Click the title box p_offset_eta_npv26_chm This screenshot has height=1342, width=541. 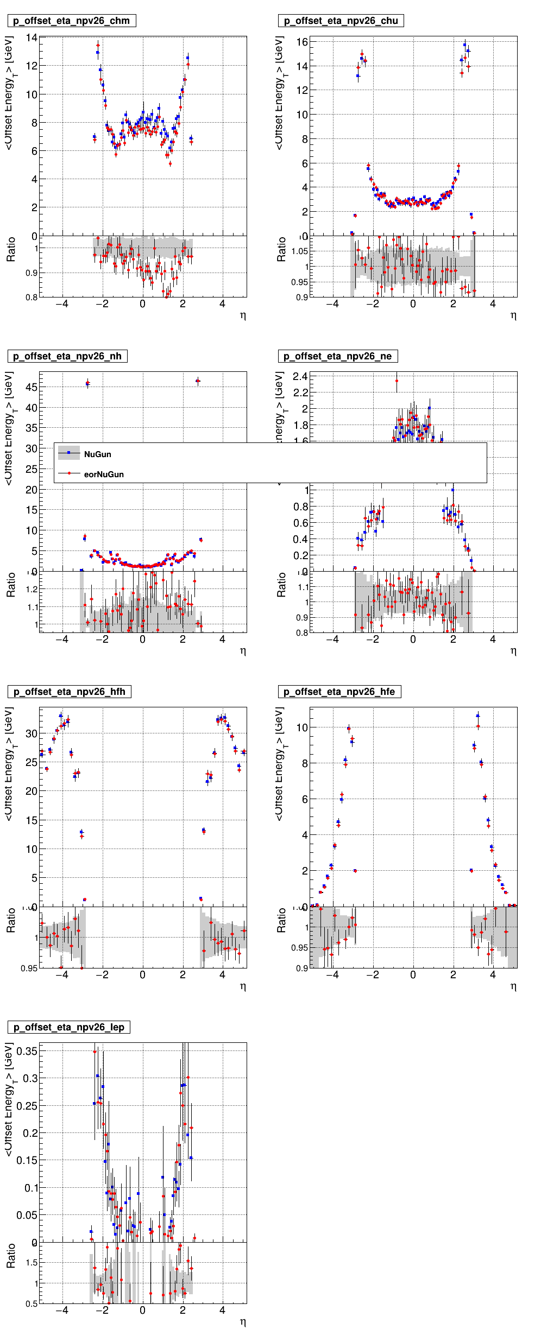click(x=71, y=21)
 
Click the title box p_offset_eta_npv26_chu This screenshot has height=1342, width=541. click(x=341, y=21)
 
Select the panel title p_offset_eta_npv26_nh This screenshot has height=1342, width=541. click(x=67, y=357)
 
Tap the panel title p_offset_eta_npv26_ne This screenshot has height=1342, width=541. click(x=337, y=357)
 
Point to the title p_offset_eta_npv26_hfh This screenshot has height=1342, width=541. click(x=69, y=692)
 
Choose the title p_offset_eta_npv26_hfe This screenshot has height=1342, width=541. click(x=339, y=692)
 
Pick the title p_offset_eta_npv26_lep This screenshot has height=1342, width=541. click(x=68, y=1028)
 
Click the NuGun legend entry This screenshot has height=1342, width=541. click(x=97, y=454)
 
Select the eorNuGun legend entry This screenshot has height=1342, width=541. click(x=103, y=474)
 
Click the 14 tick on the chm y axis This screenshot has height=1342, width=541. click(x=32, y=38)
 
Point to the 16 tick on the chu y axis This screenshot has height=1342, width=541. click(x=302, y=42)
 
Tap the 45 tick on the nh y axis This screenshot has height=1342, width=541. click(x=32, y=388)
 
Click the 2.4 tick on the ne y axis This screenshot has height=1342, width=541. click(x=300, y=377)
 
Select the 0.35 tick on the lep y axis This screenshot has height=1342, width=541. click(x=27, y=1051)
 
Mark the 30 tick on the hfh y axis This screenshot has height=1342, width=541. click(x=32, y=734)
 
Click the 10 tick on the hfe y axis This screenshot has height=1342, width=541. click(x=302, y=728)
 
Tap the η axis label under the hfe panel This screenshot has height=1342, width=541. click(x=513, y=986)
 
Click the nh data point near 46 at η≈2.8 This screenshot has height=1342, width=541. click(x=198, y=381)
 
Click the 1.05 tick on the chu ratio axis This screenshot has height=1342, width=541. click(x=299, y=251)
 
